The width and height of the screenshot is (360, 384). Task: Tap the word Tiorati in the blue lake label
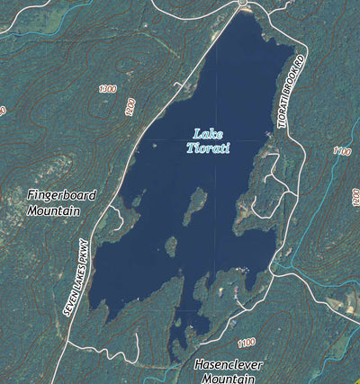click(x=207, y=148)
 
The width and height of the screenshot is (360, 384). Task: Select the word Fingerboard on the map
click(x=62, y=195)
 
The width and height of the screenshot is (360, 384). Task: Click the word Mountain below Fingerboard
click(x=53, y=211)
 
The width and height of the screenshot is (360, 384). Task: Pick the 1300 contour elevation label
click(x=108, y=89)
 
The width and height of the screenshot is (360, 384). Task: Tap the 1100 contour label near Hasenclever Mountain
click(x=246, y=343)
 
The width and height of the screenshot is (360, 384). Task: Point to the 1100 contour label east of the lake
click(x=340, y=152)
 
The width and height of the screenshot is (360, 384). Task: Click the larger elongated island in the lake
click(x=193, y=207)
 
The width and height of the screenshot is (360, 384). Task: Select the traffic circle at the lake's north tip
click(x=243, y=7)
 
